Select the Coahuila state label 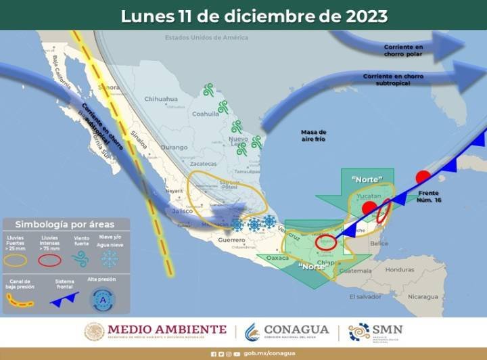pyautogui.click(x=206, y=114)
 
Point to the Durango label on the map pyautogui.click(x=174, y=146)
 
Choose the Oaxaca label pyautogui.click(x=277, y=257)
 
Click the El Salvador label pyautogui.click(x=365, y=296)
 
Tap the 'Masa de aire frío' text pyautogui.click(x=314, y=135)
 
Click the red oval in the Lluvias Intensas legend pyautogui.click(x=49, y=259)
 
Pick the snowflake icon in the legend pyautogui.click(x=110, y=258)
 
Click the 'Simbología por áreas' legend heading pyautogui.click(x=65, y=224)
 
